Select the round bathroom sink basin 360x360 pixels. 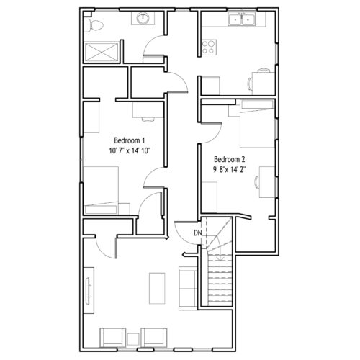(x=143, y=17)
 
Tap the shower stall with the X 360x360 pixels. (x=101, y=52)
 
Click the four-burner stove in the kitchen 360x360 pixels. (x=209, y=47)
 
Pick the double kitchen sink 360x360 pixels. (x=242, y=19)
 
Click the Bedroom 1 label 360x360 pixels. (x=130, y=140)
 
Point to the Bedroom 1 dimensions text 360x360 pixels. (x=130, y=150)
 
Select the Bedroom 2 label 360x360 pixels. (x=230, y=159)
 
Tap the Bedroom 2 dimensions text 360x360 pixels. (x=230, y=170)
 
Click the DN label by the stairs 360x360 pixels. (x=197, y=233)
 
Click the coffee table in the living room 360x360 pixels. (x=157, y=288)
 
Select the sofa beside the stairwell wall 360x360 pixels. (x=188, y=288)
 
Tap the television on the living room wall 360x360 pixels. (x=89, y=291)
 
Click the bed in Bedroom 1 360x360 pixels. (x=101, y=190)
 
